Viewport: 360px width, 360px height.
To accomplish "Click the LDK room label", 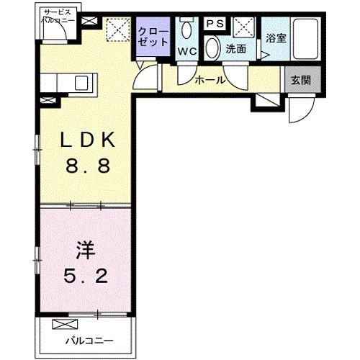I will [x=86, y=140].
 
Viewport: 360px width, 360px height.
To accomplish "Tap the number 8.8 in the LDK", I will [x=86, y=167].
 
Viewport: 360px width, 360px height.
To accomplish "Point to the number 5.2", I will [x=84, y=276].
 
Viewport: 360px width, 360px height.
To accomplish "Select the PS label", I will [x=215, y=24].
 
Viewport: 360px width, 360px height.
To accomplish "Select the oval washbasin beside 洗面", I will [x=214, y=49].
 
